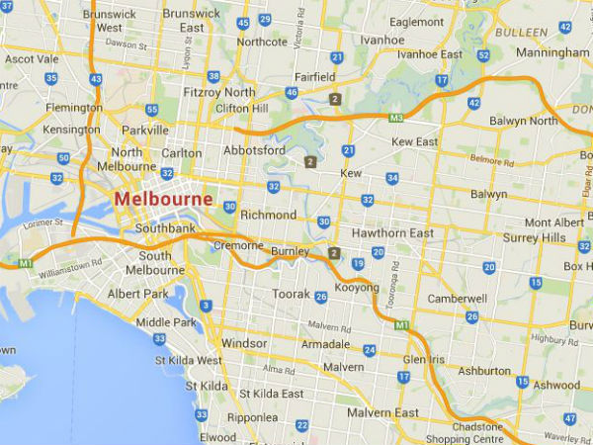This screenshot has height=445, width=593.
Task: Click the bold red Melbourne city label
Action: (163, 199)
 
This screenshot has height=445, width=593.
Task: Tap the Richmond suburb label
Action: (268, 215)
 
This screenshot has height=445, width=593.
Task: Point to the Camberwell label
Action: (457, 299)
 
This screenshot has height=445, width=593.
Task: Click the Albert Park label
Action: (138, 295)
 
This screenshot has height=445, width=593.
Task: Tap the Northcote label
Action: (262, 42)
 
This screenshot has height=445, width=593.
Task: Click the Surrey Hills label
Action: (535, 238)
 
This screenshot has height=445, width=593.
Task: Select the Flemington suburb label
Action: (75, 108)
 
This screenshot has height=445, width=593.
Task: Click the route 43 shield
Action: (95, 78)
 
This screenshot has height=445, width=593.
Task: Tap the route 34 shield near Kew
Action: (392, 178)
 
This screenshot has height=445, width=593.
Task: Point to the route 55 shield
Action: (151, 110)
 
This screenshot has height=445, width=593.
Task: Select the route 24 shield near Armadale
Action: (369, 350)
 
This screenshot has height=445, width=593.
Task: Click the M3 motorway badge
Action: (396, 118)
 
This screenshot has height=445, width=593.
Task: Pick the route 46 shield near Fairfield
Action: (292, 92)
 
